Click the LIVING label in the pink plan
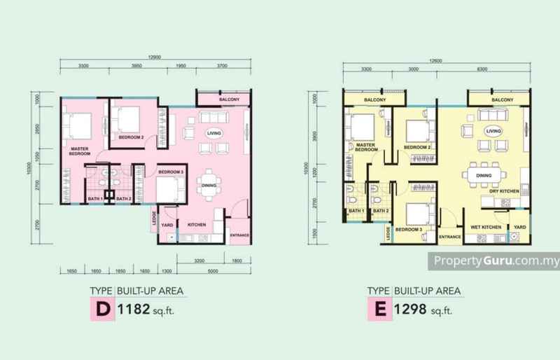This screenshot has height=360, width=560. pos(213,132)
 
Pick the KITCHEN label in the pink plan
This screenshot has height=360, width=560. pos(196,225)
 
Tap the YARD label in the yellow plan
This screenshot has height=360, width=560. pos(519,227)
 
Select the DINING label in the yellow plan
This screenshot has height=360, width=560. pos(483,175)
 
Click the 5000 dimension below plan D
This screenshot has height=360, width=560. pos(213,272)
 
